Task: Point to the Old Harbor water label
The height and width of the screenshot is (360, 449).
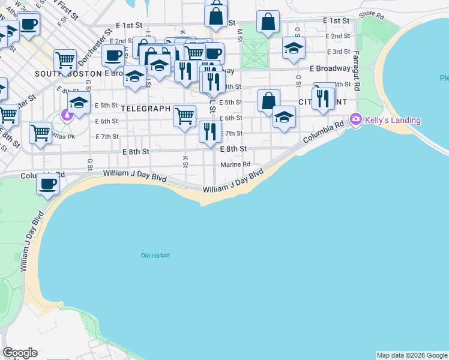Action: (x=155, y=256)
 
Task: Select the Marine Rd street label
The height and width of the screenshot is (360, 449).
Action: (x=235, y=164)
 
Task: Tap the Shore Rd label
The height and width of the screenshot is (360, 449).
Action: (x=371, y=14)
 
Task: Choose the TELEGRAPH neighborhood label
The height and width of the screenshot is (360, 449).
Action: (x=146, y=109)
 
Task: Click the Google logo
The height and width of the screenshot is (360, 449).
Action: (x=20, y=353)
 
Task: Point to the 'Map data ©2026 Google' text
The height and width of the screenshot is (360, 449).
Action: (x=412, y=355)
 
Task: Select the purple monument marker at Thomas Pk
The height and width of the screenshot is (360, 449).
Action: (x=67, y=115)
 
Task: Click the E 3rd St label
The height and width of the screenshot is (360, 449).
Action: (x=338, y=52)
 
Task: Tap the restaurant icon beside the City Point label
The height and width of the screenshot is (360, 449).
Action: (x=324, y=98)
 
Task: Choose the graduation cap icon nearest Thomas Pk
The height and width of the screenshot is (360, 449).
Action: (x=79, y=103)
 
